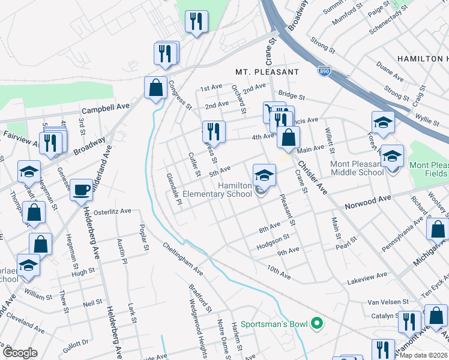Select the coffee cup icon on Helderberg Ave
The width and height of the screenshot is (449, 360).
coord(82,191)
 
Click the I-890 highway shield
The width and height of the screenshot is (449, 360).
coord(324,71)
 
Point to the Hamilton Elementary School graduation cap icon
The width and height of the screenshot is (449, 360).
coord(264,176)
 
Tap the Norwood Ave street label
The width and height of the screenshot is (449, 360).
coord(368,202)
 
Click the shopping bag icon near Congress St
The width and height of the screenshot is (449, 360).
coord(155,88)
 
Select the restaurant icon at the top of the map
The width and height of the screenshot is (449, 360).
coord(196,22)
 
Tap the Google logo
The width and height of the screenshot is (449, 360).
coord(20,353)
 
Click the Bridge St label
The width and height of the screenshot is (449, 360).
coord(292,96)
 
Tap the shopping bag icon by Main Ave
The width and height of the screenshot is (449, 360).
coord(288,137)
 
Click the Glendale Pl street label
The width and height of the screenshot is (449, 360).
coord(174,188)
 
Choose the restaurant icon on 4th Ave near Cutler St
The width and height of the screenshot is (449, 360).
coord(214,131)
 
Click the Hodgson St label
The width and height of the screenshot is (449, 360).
coord(273,242)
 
